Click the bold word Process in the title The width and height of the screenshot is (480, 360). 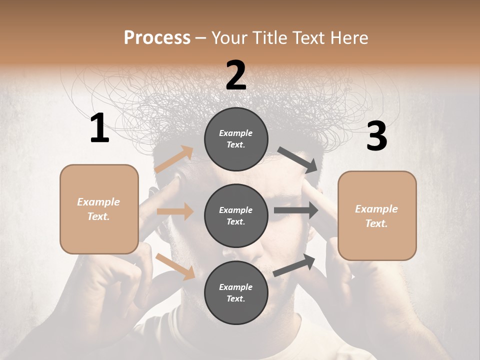coord(157,37)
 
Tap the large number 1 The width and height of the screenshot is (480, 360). coord(99,128)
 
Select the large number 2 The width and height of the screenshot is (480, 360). coord(236,75)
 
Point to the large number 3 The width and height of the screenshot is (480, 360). coord(376,136)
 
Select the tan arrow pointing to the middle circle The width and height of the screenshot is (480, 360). coord(175,211)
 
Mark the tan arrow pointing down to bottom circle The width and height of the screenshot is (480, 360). coord(175,266)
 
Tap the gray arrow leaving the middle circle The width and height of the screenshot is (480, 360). coord(296,210)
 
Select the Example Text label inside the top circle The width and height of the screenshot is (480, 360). coord(236,139)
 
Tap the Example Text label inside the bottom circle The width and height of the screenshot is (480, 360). coord(236,292)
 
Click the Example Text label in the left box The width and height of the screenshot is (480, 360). coord(99,209)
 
